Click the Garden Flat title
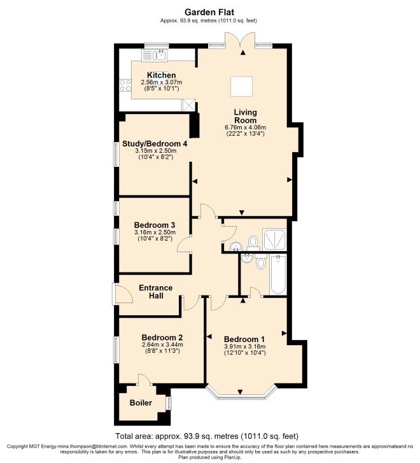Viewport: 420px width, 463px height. tap(209, 12)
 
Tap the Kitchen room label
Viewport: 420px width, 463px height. tap(162, 75)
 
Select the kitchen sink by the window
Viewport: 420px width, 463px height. tap(155, 55)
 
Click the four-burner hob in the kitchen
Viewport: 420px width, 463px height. tap(125, 85)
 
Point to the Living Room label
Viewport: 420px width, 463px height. tap(245, 117)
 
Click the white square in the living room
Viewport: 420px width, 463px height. tap(241, 87)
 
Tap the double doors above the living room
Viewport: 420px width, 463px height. tap(240, 40)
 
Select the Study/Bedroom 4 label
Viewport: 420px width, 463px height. tap(155, 144)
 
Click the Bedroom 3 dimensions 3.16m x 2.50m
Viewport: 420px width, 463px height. tap(155, 232)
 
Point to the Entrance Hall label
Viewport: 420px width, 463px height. tap(156, 292)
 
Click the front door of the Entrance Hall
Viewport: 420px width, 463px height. tap(122, 294)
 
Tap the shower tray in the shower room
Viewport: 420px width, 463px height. tap(274, 239)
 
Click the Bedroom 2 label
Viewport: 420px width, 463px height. tap(162, 338)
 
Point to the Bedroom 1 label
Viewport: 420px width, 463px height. tap(244, 339)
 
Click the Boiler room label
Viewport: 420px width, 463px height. tap(141, 402)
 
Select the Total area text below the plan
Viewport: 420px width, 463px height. tap(207, 436)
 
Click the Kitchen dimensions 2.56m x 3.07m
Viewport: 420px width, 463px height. tap(162, 82)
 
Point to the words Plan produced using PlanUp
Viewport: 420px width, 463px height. tap(210, 457)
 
